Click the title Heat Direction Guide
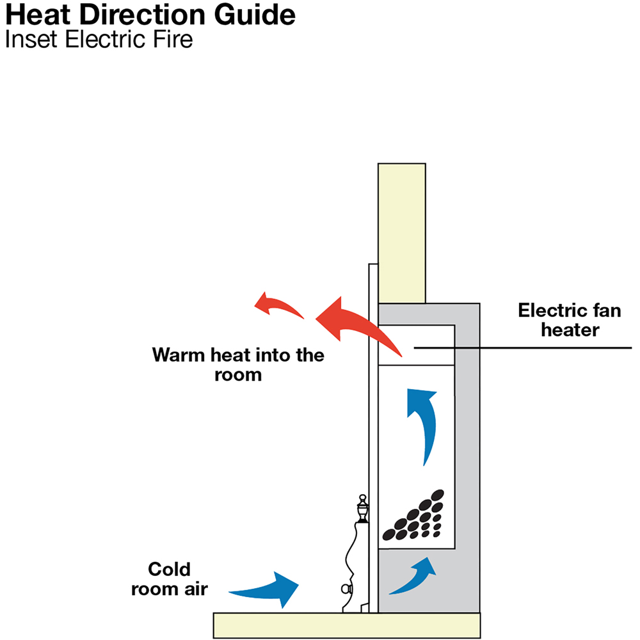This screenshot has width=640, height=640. pyautogui.click(x=150, y=15)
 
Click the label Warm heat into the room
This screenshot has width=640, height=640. pyautogui.click(x=238, y=364)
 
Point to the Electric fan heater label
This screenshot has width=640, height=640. pyautogui.click(x=569, y=320)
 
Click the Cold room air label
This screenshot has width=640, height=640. pyautogui.click(x=170, y=579)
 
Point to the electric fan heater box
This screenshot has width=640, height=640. pyautogui.click(x=417, y=345)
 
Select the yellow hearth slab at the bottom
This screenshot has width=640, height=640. pyautogui.click(x=346, y=625)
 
